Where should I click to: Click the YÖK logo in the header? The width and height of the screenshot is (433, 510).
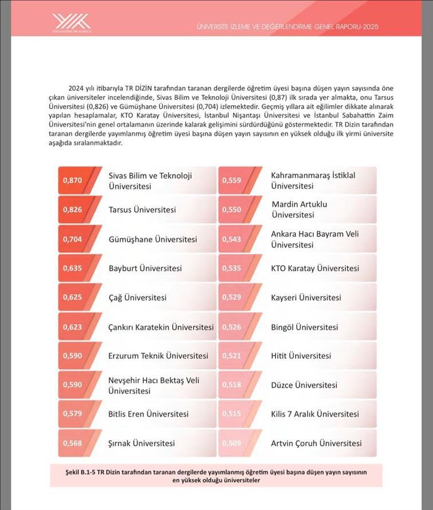click(71, 22)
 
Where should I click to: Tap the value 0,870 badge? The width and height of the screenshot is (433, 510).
click(73, 180)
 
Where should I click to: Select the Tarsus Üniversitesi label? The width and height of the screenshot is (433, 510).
click(142, 210)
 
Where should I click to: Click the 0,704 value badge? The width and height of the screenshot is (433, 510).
click(73, 240)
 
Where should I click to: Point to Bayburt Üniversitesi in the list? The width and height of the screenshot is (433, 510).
click(145, 268)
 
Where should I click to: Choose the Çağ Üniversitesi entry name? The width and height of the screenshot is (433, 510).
click(137, 297)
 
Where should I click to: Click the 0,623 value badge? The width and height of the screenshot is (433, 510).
click(73, 327)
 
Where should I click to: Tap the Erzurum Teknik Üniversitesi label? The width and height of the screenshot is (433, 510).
click(158, 356)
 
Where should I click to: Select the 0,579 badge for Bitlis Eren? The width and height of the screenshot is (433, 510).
click(73, 414)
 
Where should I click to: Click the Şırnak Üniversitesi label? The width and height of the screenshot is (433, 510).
click(142, 443)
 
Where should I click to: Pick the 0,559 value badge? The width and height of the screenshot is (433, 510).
click(231, 180)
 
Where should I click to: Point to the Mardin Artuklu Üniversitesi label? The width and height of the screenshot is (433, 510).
click(300, 209)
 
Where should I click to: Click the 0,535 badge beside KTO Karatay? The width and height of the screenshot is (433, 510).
click(231, 268)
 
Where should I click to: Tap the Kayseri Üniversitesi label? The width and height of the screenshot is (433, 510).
click(306, 297)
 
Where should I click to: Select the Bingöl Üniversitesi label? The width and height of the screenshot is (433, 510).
click(305, 327)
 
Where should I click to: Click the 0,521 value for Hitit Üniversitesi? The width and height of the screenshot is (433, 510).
click(231, 356)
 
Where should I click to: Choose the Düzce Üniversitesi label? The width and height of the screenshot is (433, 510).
click(304, 385)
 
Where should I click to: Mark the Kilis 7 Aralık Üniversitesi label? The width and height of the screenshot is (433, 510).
click(315, 414)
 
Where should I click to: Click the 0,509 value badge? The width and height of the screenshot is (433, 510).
click(231, 443)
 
